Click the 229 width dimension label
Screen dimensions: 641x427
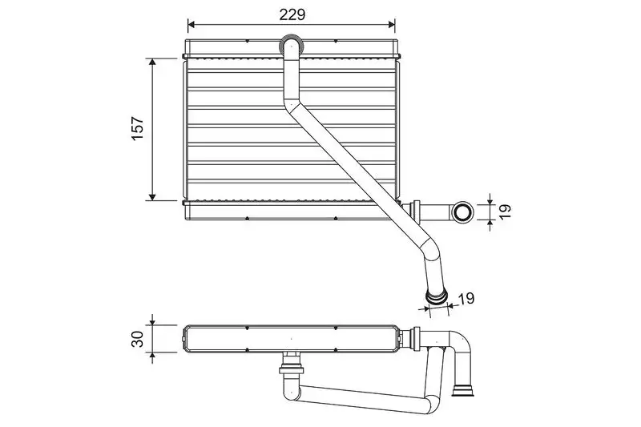coord(292,14)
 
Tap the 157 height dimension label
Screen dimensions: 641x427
coord(137,128)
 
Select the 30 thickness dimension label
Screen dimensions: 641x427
coord(137,339)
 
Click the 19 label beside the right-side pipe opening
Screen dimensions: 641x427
coord(506,211)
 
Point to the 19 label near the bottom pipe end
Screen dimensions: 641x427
coord(466,298)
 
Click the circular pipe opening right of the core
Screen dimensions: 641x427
coord(462,211)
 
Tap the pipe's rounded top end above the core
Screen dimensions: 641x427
coord(291,44)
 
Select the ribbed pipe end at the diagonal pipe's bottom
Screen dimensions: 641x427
coord(436,297)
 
